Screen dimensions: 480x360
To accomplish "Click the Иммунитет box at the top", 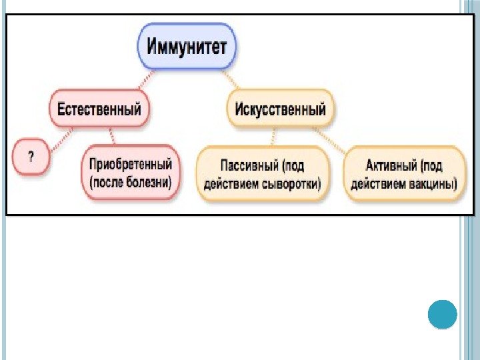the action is coord(186,47).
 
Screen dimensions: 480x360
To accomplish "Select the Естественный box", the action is coord(99,109).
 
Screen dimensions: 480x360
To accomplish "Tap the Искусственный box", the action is coord(279,109).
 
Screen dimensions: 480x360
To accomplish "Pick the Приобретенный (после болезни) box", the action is coord(131,172).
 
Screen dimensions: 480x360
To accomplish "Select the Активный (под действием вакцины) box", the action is coord(403,173).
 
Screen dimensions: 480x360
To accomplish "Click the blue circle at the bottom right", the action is coord(441,314).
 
